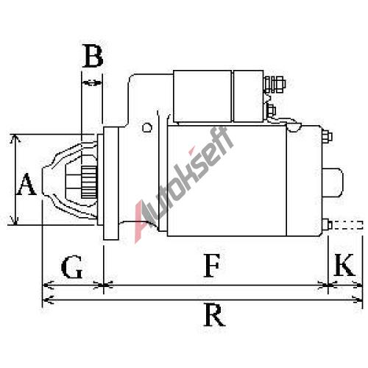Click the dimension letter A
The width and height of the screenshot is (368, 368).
pos(26,184)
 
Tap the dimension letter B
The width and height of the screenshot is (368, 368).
pos(93,56)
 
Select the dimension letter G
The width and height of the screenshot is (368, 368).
pos(71,266)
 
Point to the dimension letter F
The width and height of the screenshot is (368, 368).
pos(211,266)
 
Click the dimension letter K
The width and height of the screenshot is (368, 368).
pos(344,265)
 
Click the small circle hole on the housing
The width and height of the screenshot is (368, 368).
pos(147,127)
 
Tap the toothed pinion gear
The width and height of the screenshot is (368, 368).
pos(89,182)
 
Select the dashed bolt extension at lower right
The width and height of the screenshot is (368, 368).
pos(347,225)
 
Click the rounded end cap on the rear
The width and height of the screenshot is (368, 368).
pos(333,183)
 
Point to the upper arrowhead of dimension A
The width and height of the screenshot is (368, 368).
pos(15,138)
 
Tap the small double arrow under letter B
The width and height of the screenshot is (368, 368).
pos(91,83)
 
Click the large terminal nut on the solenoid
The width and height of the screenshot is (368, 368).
pos(279,85)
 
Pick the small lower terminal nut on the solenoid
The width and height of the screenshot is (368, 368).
pos(272,111)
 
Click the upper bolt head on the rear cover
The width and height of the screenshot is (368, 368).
pos(327,136)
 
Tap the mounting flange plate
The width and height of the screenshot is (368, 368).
pos(111,183)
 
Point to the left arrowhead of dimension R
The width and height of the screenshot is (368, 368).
pos(47,300)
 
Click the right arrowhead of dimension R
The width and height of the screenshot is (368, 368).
pos(358,300)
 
